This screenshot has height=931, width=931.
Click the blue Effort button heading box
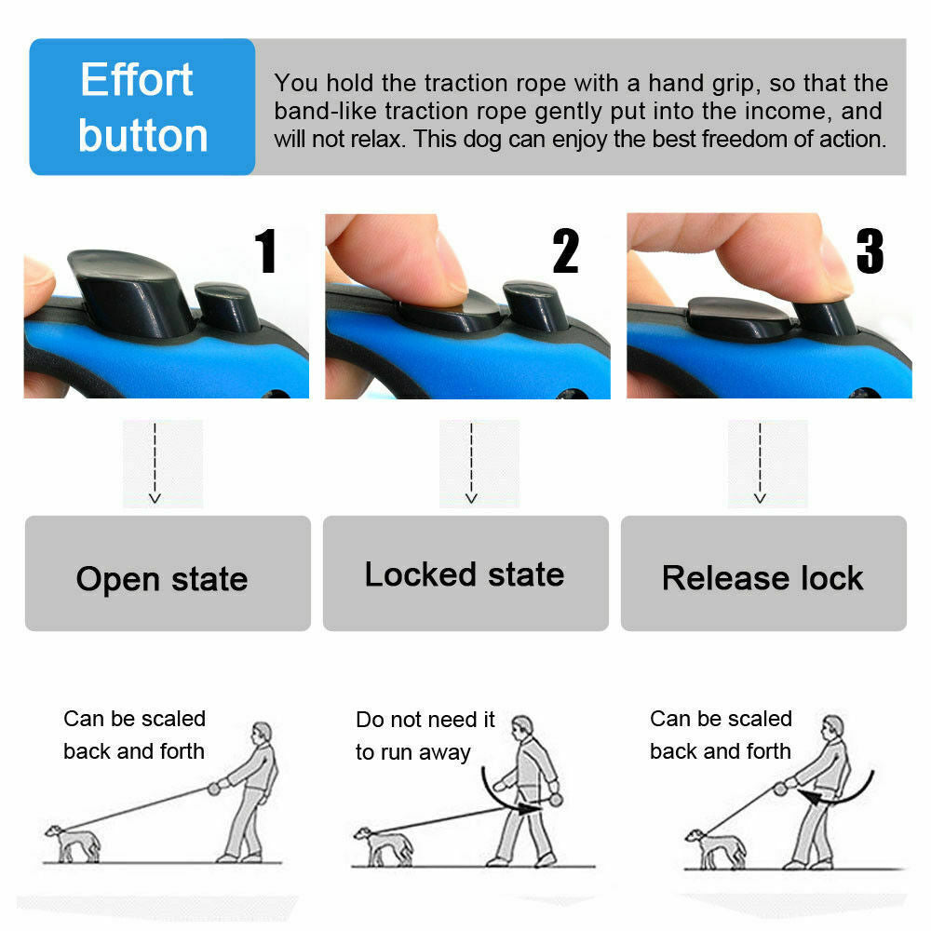pos(142,106)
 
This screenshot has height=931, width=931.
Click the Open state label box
pos(168,573)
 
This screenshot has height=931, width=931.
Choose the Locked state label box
pos(465,573)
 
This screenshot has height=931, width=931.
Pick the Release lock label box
pos(763,573)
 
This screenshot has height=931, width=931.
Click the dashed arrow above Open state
pos(155,463)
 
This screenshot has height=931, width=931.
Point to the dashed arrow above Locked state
pos(471,463)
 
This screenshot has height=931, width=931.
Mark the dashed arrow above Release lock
pos(761,463)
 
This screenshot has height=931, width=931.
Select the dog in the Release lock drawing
pos(714,846)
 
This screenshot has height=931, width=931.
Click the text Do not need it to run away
pos(425,735)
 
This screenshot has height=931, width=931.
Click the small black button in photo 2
pos(534,305)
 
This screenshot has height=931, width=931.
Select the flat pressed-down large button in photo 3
pos(735,317)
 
